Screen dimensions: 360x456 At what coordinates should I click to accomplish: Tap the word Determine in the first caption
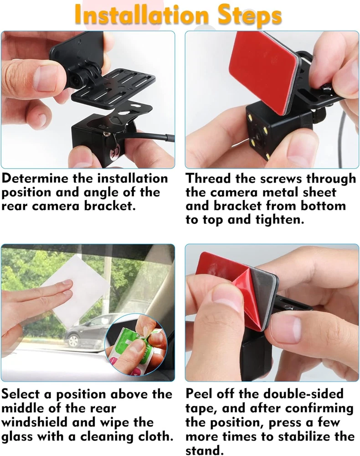click(x=35, y=178)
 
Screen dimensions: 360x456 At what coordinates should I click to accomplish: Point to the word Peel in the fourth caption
click(x=199, y=394)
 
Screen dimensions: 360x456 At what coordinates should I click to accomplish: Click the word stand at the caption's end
click(x=205, y=450)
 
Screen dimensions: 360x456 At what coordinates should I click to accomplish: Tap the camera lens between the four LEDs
click(x=257, y=136)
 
